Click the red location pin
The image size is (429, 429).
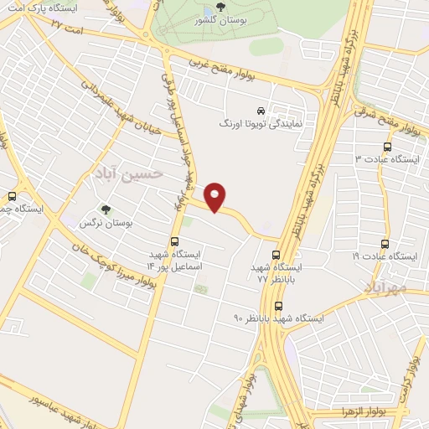[216, 197]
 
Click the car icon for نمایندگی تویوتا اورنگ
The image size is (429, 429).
[261, 111]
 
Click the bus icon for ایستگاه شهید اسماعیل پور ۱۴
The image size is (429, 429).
[174, 241]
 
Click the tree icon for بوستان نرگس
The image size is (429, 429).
[105, 209]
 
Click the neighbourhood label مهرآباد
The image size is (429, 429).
[385, 287]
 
